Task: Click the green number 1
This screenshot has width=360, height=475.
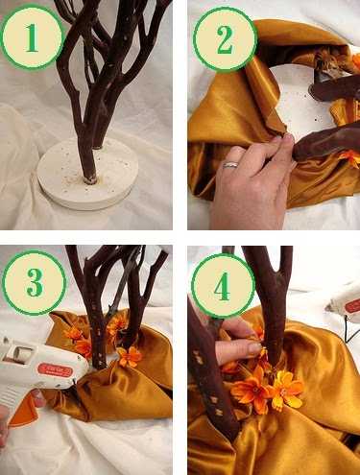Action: coord(32,38)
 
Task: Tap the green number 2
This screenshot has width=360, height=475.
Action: coord(225,40)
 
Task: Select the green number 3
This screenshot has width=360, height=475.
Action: coord(35,282)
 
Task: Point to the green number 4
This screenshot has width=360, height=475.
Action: coord(222,286)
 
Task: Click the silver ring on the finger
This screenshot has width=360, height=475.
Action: coord(231,165)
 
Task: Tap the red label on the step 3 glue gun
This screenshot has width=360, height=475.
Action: coord(55,370)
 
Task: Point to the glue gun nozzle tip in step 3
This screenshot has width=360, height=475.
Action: coord(76,381)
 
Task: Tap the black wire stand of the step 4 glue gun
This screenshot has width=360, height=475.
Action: coord(351,329)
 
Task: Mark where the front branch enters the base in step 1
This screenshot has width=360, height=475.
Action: coord(89,180)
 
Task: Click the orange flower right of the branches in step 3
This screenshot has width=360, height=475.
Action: coord(130,356)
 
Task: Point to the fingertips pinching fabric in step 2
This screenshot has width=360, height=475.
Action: coord(285,138)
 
